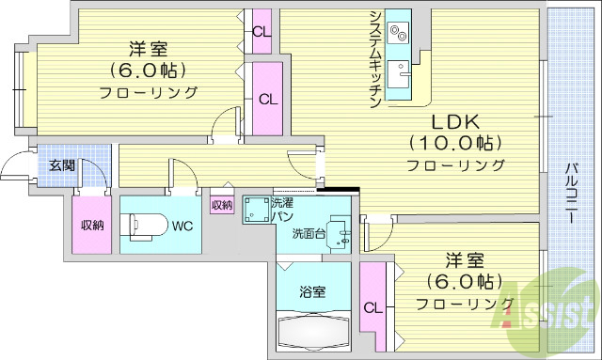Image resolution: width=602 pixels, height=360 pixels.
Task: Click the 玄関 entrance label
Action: pos(62,165)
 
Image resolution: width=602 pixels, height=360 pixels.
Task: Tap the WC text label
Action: pos(182,226)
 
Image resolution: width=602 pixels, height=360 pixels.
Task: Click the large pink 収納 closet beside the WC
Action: pos(91,225)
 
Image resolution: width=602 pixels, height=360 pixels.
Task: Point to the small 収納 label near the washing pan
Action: pos(222,205)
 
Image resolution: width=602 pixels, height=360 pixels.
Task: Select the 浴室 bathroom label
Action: pos(312,291)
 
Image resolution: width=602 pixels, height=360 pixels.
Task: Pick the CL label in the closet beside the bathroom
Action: pos(373,306)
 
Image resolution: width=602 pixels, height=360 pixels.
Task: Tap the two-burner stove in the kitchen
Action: pos(399,34)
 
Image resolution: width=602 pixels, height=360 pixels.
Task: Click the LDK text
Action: pos(455,122)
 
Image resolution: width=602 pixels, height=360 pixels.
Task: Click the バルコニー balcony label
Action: pos(571,193)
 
